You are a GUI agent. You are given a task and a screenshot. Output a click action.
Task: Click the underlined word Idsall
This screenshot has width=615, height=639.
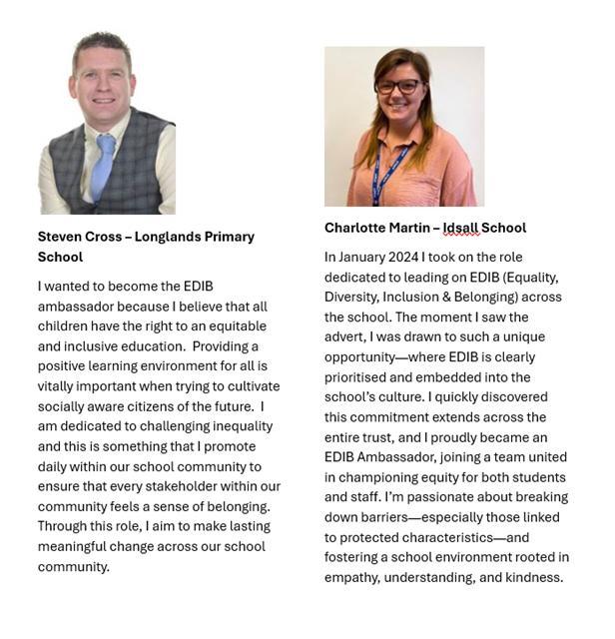click(x=462, y=228)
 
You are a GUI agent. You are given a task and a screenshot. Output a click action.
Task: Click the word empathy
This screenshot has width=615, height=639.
click(x=352, y=576)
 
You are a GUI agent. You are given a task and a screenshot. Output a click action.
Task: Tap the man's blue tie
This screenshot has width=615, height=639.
click(x=104, y=166)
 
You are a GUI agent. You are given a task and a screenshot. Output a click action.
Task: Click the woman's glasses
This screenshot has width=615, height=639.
click(x=397, y=87)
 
